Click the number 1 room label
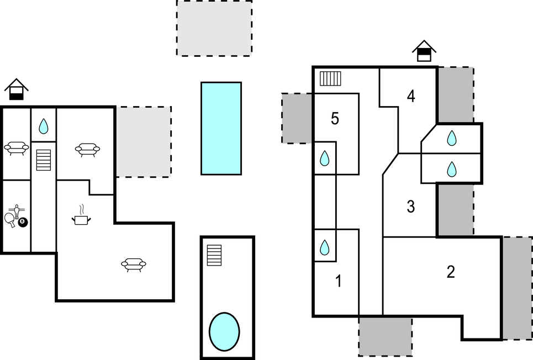point(339,281)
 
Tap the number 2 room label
point(450,272)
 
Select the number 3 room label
point(410,207)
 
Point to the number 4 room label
point(411,96)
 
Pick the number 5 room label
point(335,119)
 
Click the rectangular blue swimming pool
point(221,129)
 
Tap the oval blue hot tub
point(224,331)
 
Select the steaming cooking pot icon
point(81,215)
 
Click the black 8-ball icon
point(23,222)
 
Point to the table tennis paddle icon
point(10,220)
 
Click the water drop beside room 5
point(325,158)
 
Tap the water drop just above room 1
point(325,247)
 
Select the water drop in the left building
point(44,126)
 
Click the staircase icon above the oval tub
point(214,255)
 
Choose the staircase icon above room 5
point(330,78)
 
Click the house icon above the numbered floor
point(424,51)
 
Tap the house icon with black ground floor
point(17,89)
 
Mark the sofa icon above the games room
point(17,148)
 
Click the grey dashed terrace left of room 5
point(297,118)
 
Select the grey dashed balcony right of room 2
point(518,288)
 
